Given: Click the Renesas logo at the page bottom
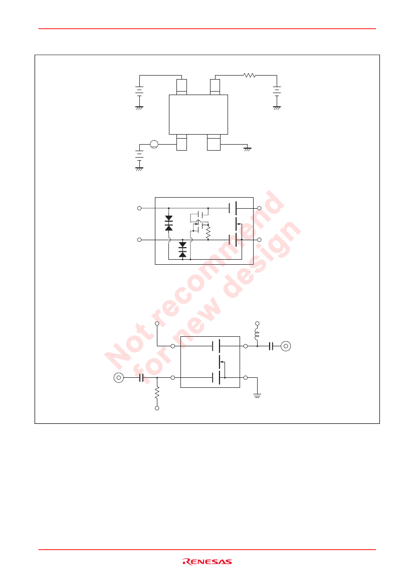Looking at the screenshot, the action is tap(207, 561).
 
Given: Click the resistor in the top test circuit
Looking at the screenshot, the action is tap(249, 76).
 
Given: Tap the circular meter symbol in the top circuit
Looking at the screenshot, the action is tap(154, 144).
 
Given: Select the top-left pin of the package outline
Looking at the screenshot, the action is tap(181, 87).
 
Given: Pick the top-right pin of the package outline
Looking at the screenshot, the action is tap(215, 87).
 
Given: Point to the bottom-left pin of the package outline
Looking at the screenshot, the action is tap(181, 142).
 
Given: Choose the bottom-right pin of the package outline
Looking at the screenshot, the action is tap(214, 142).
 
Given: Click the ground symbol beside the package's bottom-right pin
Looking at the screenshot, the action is tap(248, 149).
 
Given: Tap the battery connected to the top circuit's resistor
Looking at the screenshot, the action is tap(277, 91).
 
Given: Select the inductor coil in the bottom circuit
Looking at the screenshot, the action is tap(257, 334).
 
